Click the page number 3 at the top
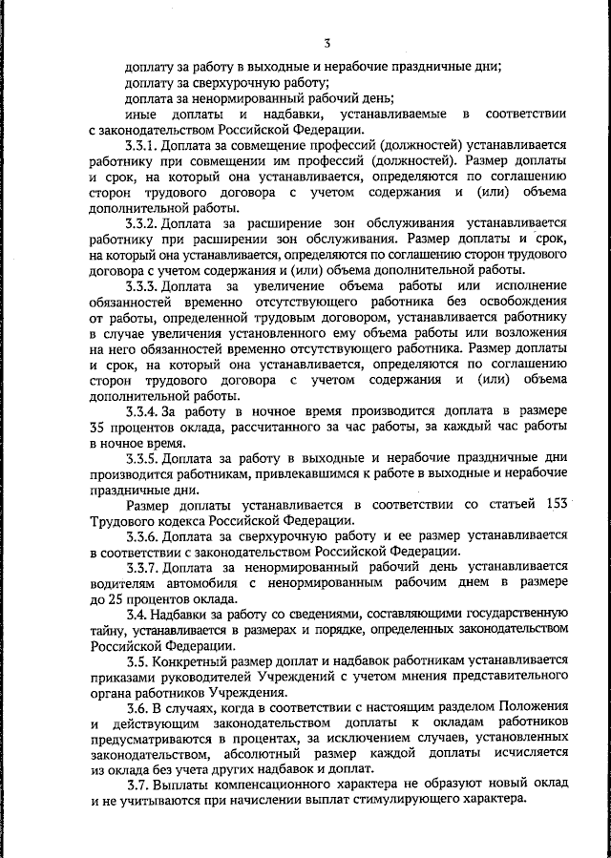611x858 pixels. click(x=327, y=43)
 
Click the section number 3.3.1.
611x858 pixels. click(x=143, y=144)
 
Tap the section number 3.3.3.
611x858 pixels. click(x=143, y=285)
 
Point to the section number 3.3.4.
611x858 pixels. click(x=143, y=411)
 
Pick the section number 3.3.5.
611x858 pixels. click(x=143, y=458)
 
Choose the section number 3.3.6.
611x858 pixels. click(x=143, y=536)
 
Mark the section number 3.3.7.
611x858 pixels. click(x=143, y=568)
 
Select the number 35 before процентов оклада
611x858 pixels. click(x=97, y=427)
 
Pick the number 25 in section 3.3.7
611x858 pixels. click(x=117, y=599)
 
